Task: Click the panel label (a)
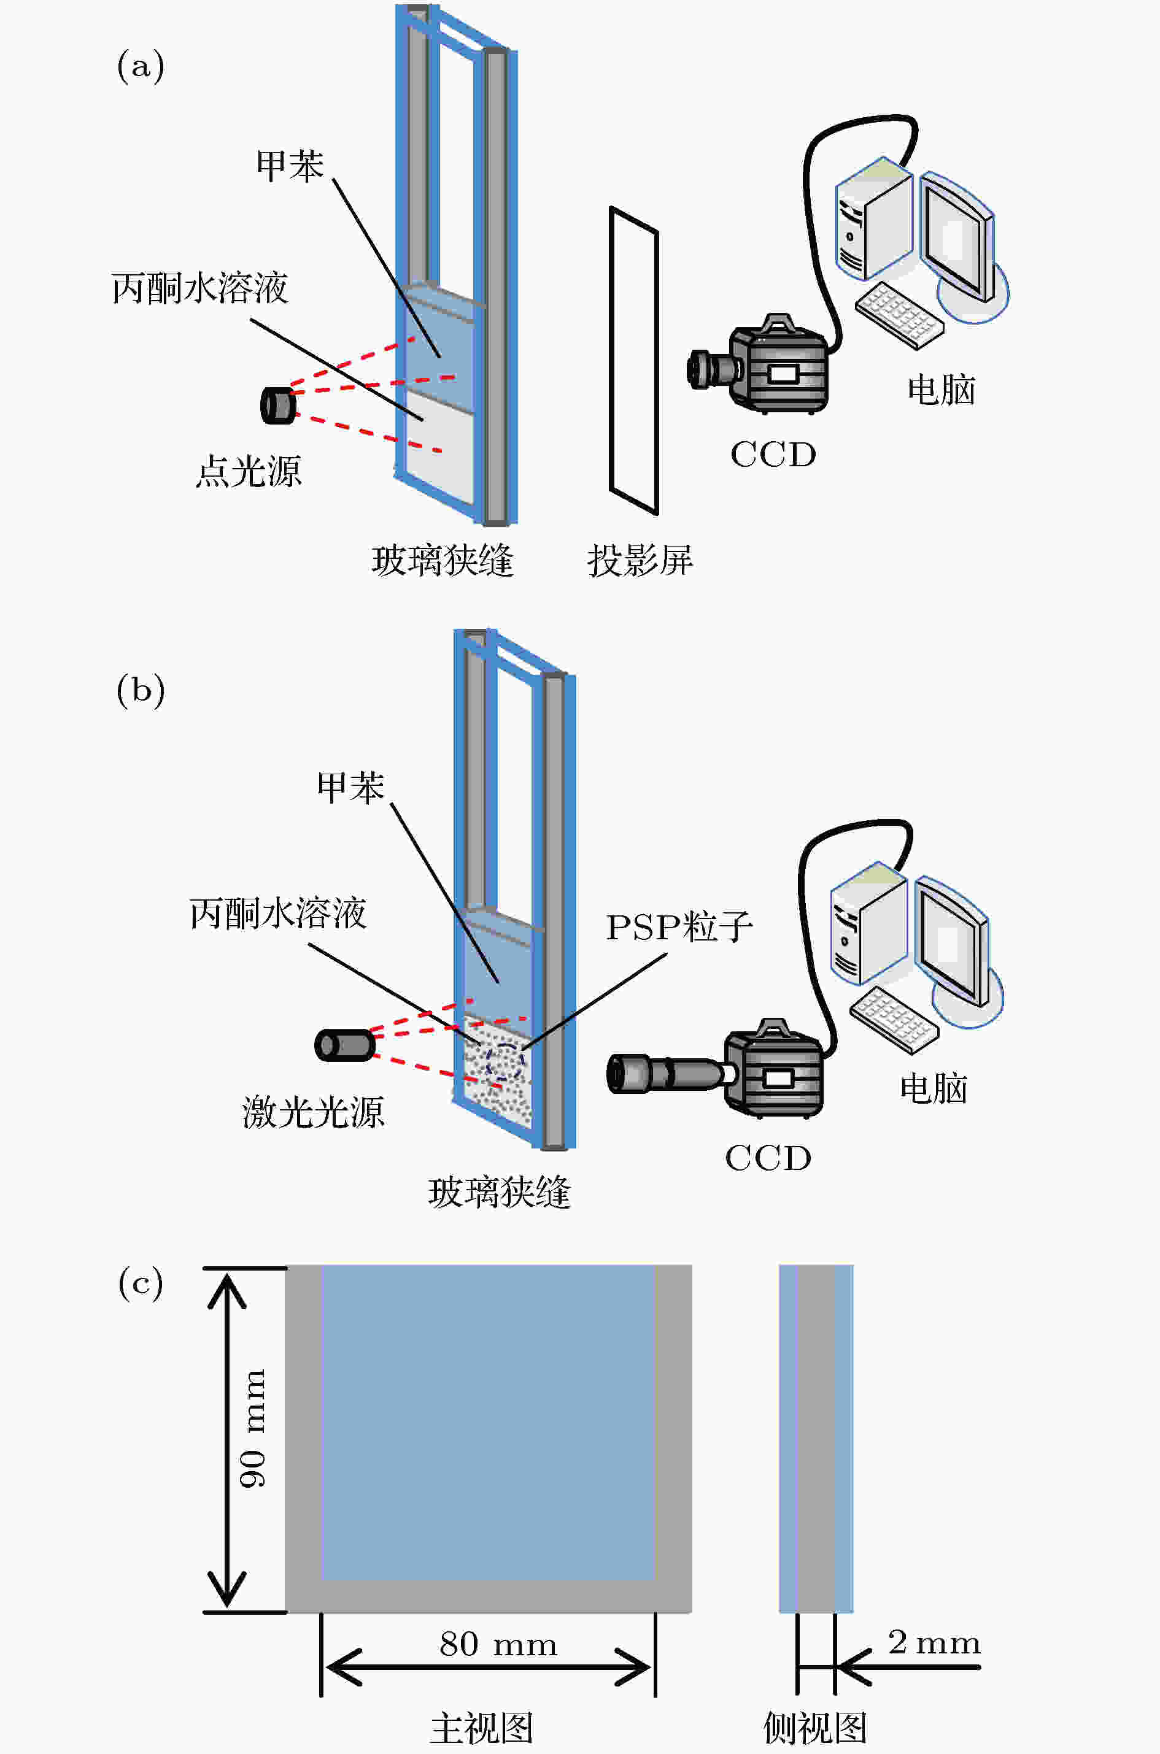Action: click(x=141, y=66)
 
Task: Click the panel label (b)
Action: click(x=141, y=691)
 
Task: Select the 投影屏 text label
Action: click(x=640, y=561)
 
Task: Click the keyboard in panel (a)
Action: click(x=899, y=314)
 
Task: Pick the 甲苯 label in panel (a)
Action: click(x=289, y=165)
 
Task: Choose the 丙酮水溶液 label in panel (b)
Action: click(x=277, y=914)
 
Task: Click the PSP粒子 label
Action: click(x=679, y=927)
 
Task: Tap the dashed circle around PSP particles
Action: click(x=505, y=1063)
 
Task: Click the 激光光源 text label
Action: click(x=313, y=1112)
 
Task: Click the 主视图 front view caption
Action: click(x=482, y=1728)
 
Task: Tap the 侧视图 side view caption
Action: click(x=814, y=1728)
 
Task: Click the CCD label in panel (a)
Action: click(x=773, y=455)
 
